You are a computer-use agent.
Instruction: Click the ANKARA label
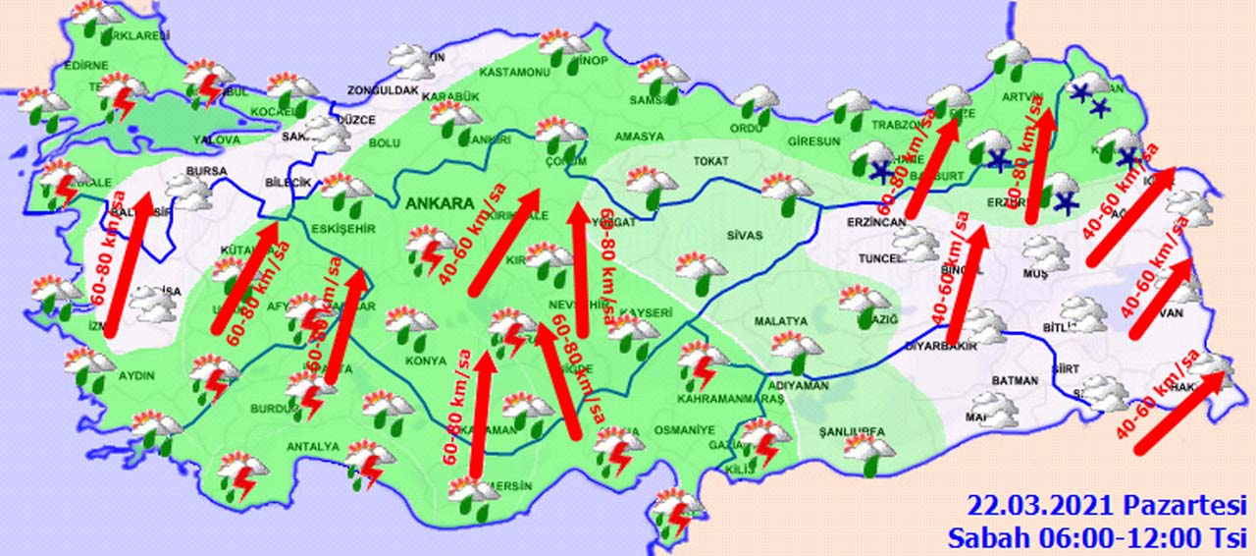[438, 204]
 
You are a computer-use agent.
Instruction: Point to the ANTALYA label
[312, 447]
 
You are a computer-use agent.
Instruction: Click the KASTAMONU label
[514, 73]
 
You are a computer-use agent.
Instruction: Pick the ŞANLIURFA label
[852, 431]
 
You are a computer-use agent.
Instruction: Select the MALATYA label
[780, 321]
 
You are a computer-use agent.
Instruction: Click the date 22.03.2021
[1041, 506]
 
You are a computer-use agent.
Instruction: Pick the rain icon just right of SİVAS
[701, 270]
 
